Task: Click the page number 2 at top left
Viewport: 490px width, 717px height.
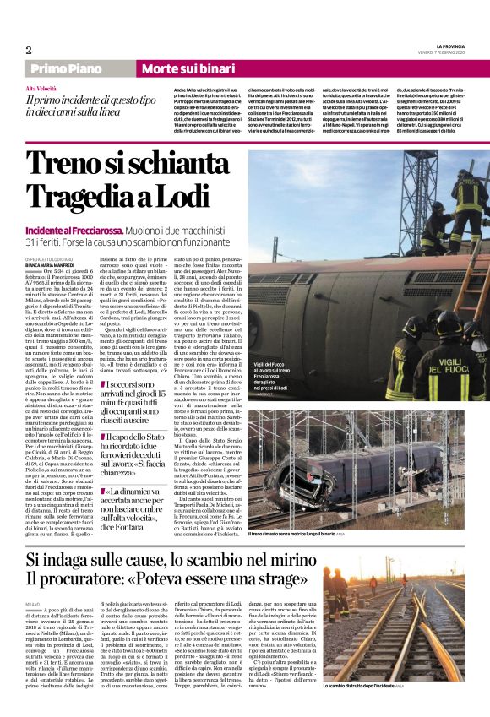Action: point(29,50)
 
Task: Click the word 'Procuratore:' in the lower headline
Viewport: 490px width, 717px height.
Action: point(101,578)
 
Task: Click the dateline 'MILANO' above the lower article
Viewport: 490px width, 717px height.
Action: point(33,605)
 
